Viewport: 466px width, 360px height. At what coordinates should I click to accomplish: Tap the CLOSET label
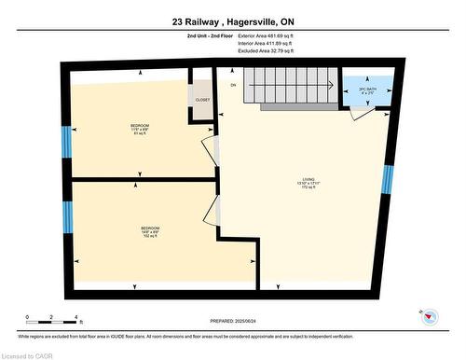coord(203,99)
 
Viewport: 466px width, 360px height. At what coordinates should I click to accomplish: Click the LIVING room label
coord(308,183)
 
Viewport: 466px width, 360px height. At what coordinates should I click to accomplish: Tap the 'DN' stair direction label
coord(234,85)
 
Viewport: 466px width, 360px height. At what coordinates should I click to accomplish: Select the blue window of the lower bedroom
coord(67,216)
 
